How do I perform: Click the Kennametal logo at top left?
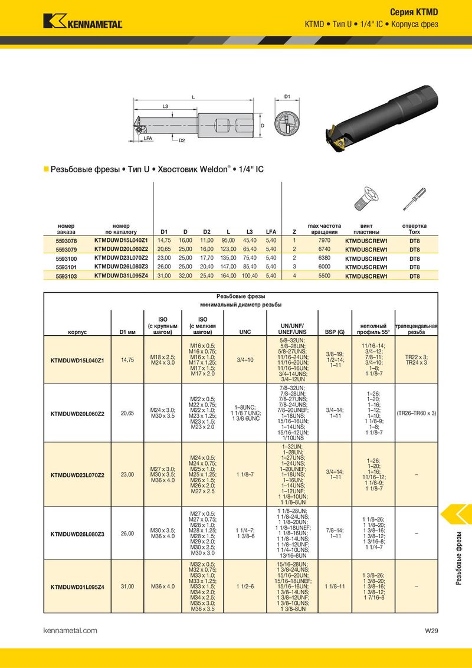[x=83, y=21]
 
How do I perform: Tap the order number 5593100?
[x=66, y=258]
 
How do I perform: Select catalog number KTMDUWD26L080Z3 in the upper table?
[x=121, y=267]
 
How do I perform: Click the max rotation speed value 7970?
[x=324, y=240]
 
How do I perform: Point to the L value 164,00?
[x=228, y=276]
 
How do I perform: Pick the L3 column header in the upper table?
[x=249, y=232]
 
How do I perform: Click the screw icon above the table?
[x=366, y=198]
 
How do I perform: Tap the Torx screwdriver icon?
[x=414, y=198]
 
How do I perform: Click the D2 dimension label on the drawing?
[x=182, y=140]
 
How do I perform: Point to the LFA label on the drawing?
[x=148, y=139]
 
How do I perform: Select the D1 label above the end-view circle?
[x=287, y=97]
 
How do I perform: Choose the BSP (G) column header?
[x=335, y=332]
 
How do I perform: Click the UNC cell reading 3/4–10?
[x=245, y=359]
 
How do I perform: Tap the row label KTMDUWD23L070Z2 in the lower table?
[x=77, y=474]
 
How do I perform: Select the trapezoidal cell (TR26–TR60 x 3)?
[x=416, y=413]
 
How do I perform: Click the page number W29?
[x=431, y=630]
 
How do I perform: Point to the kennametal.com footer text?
[x=70, y=630]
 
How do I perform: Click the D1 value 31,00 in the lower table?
[x=127, y=586]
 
